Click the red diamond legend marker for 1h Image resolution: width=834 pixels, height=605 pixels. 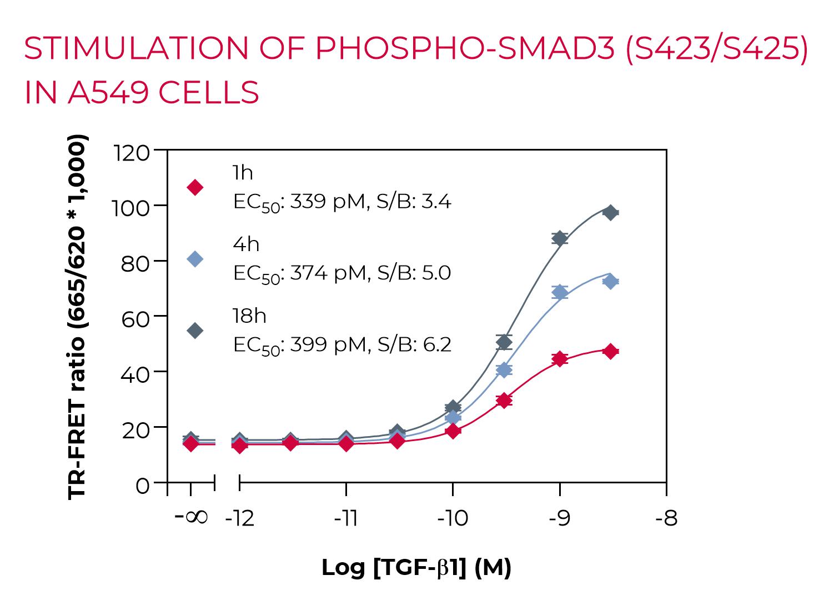click(195, 187)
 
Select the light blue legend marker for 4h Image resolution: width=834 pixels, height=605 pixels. click(195, 259)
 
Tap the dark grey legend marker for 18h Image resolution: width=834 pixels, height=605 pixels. click(195, 331)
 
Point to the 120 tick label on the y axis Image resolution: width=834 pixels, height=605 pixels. click(131, 151)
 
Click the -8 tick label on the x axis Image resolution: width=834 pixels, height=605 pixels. click(666, 519)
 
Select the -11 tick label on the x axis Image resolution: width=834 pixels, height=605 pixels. click(345, 519)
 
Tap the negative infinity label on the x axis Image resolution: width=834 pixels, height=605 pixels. click(191, 517)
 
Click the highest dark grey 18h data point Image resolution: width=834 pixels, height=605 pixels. click(611, 213)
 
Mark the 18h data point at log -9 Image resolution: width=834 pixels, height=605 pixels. click(559, 238)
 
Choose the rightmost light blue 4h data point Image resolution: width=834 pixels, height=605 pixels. click(611, 282)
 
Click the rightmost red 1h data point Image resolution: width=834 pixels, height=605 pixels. click(611, 351)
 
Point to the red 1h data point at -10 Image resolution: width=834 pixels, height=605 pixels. click(453, 431)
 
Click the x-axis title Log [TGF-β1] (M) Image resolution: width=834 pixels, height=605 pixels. click(416, 568)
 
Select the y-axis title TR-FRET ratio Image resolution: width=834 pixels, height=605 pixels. click(78, 317)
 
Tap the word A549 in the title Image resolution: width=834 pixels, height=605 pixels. click(108, 92)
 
